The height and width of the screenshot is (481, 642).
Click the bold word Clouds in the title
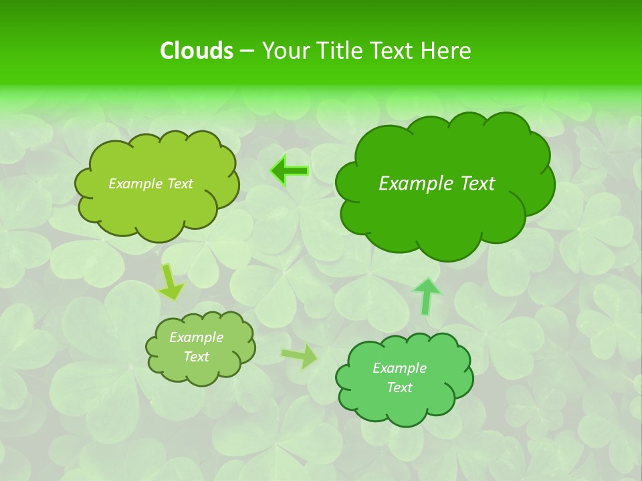197,51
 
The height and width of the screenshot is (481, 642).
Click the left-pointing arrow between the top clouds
289,171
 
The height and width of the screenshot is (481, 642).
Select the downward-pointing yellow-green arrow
171,282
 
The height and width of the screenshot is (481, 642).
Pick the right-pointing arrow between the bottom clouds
300,357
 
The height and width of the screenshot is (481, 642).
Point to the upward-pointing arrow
427,296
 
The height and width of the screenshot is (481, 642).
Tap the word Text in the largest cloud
477,184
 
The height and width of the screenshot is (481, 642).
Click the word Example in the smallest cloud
197,337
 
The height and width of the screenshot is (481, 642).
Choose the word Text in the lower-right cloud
399,387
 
